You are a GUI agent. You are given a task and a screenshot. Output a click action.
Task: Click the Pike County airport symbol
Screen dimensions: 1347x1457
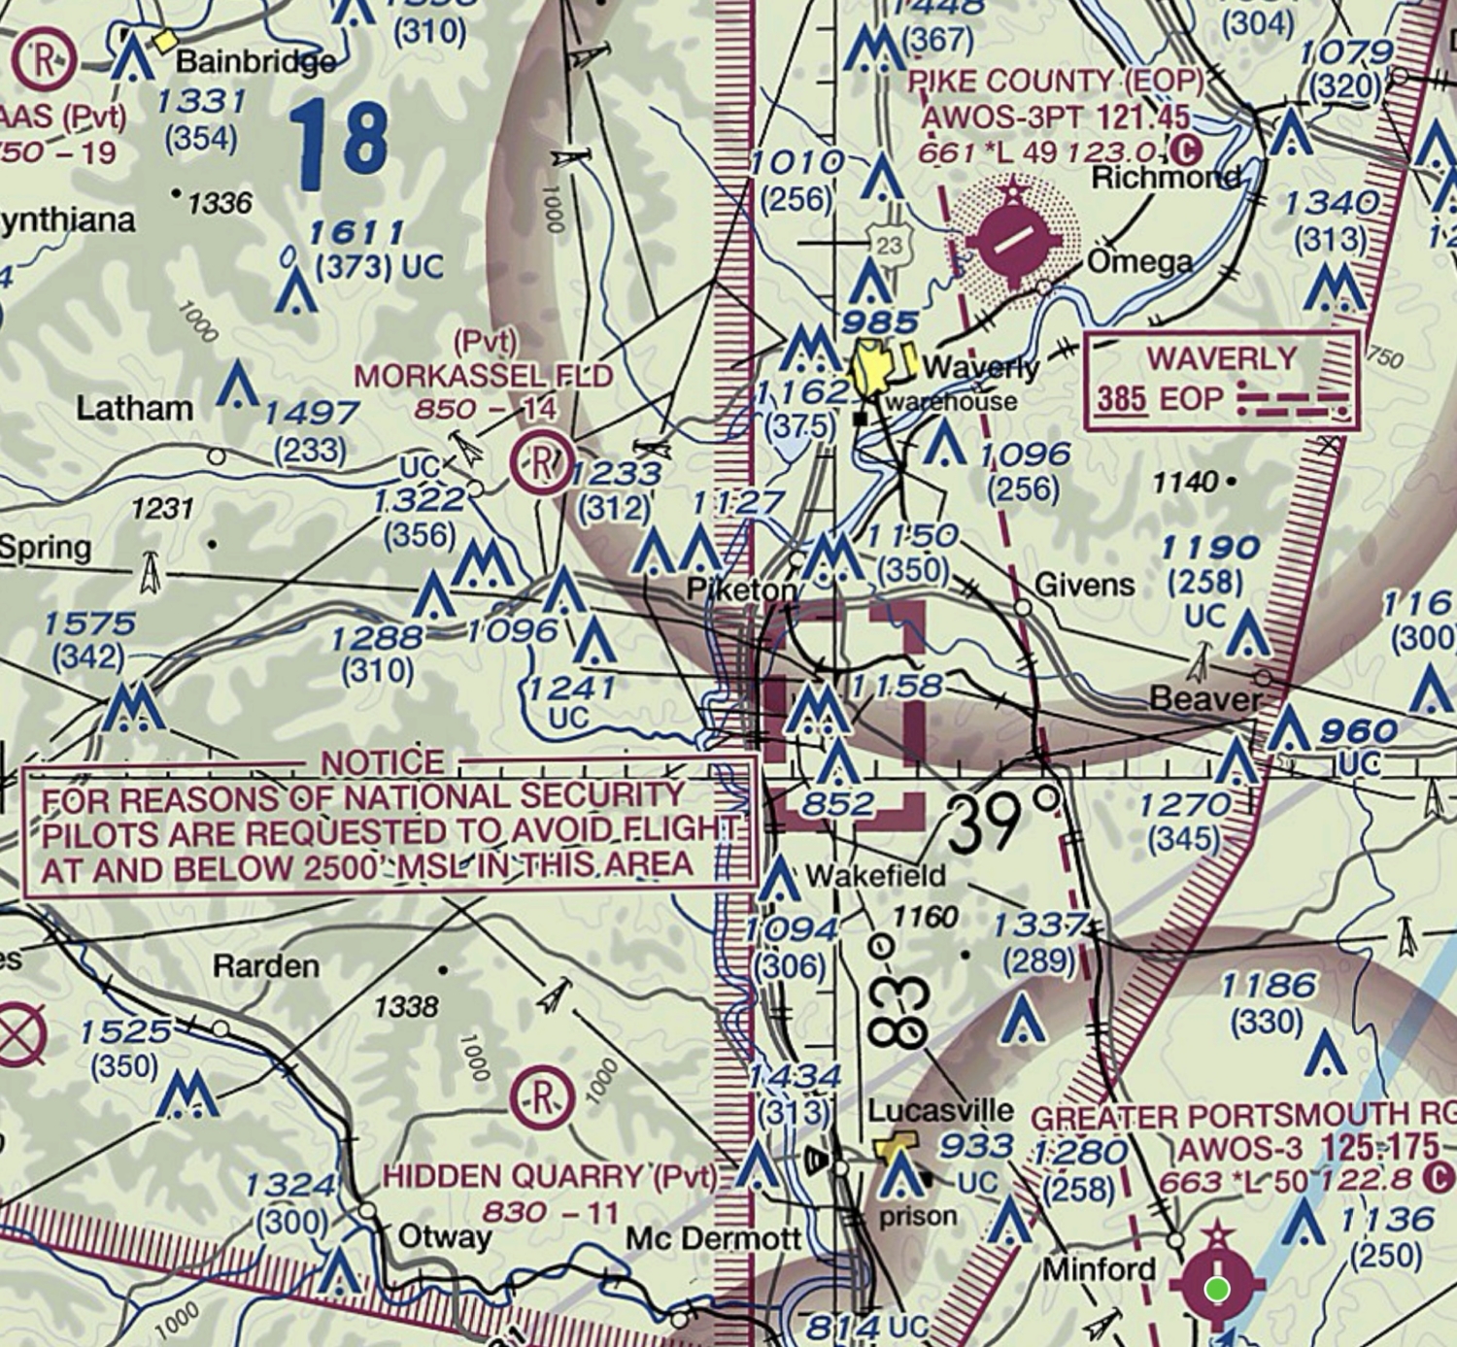(x=1014, y=238)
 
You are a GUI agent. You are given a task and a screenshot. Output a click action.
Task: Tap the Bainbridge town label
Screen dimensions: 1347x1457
(x=254, y=61)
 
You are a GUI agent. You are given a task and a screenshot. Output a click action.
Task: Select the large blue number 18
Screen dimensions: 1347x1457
(x=339, y=144)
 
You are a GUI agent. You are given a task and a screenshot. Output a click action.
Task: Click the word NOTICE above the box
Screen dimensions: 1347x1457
(x=383, y=763)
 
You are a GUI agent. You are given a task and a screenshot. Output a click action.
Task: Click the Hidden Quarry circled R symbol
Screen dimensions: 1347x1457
(x=542, y=1096)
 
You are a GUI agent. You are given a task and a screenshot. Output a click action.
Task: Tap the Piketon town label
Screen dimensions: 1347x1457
(x=741, y=589)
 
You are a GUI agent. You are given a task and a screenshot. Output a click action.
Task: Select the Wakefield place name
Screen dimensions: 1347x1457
(x=874, y=875)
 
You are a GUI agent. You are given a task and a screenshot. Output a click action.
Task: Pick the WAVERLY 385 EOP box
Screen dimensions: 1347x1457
(x=1221, y=380)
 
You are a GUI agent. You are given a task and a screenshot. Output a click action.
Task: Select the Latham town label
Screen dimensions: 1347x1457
(x=134, y=408)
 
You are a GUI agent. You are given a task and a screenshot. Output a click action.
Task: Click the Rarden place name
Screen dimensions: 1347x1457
(x=265, y=965)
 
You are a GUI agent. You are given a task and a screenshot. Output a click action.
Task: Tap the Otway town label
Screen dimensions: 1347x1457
(x=444, y=1236)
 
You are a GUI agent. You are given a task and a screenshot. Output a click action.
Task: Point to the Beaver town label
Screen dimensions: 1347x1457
(x=1204, y=698)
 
